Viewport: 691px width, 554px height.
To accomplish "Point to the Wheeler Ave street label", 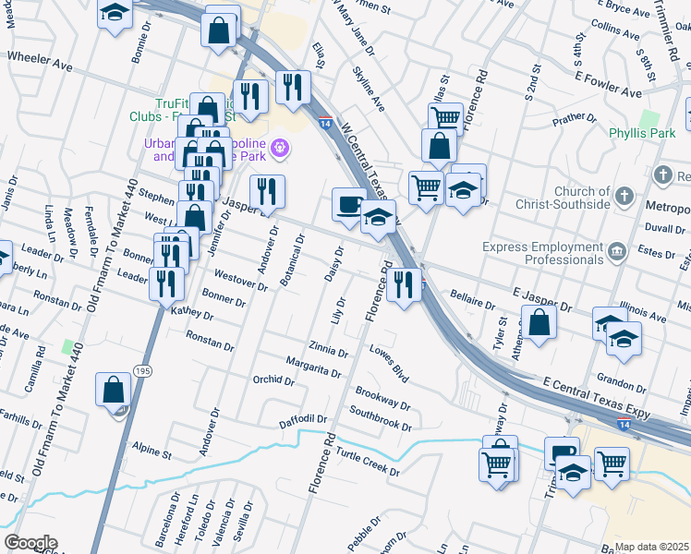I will pyautogui.click(x=40, y=56).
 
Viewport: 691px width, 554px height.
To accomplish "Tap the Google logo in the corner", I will pyautogui.click(x=30, y=543).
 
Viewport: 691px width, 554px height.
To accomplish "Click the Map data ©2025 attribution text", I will pyautogui.click(x=652, y=547).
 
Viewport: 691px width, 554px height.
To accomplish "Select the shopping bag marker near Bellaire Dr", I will pyautogui.click(x=539, y=323).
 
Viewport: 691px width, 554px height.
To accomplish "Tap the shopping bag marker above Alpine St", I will pyautogui.click(x=113, y=390).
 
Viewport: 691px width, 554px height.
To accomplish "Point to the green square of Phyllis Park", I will pyautogui.click(x=649, y=119).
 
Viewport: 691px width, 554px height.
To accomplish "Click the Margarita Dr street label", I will pyautogui.click(x=313, y=367).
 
